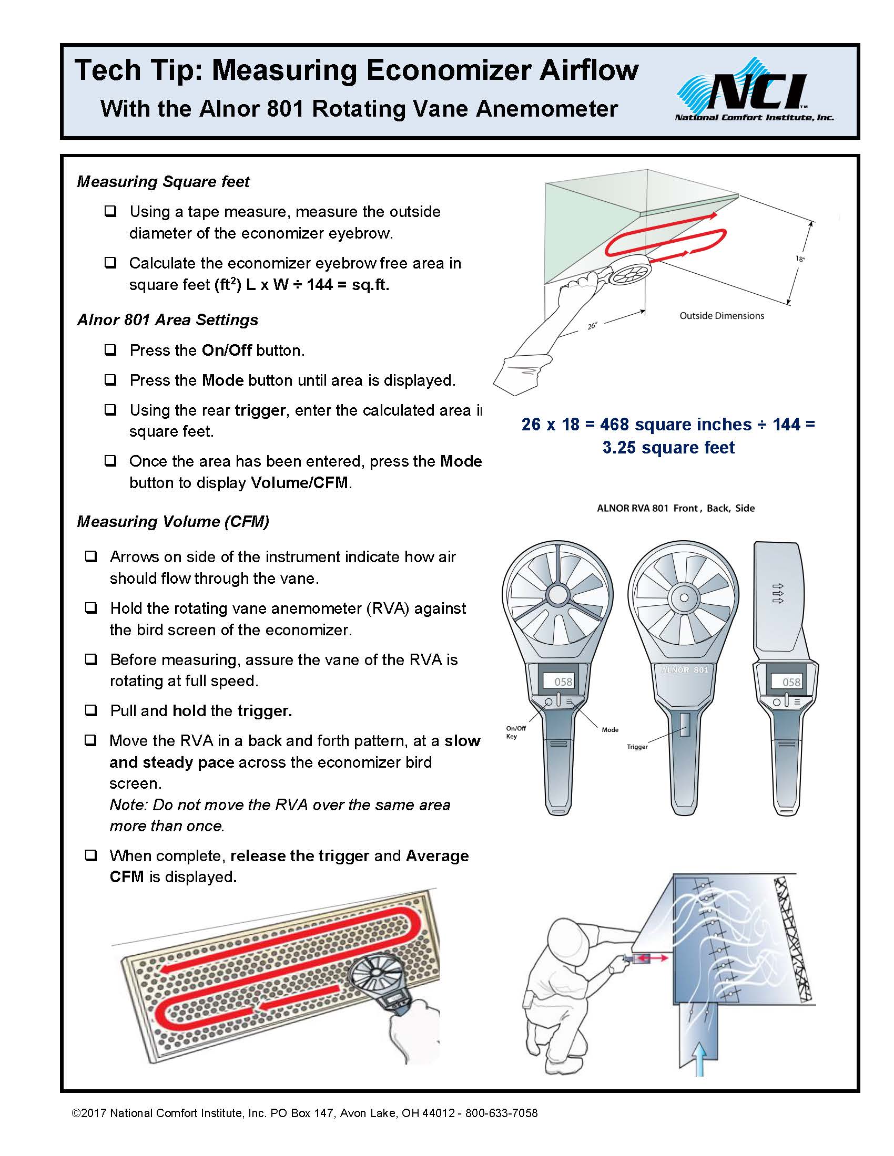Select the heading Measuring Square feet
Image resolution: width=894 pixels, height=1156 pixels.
(x=163, y=182)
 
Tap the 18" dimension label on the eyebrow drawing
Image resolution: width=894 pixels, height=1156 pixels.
(x=800, y=259)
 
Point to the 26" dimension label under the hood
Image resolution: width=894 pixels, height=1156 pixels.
(x=592, y=326)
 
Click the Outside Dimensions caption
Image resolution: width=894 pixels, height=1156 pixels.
(x=722, y=316)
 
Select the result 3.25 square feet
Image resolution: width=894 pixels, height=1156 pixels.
(x=668, y=448)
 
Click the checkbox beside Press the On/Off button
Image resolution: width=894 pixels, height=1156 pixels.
(x=110, y=350)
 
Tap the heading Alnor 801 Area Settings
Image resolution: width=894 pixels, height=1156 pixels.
(x=167, y=319)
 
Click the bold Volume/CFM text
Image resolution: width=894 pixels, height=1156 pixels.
(x=299, y=483)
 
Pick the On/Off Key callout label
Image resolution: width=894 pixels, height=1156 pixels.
(x=516, y=732)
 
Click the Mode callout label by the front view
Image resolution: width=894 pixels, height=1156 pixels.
(x=609, y=730)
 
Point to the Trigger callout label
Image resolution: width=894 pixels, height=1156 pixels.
(x=637, y=747)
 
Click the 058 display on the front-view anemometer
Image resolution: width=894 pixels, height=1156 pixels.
(x=563, y=682)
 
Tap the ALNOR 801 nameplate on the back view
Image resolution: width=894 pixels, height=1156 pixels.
(x=684, y=670)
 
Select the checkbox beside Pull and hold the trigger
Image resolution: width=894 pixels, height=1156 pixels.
(x=91, y=710)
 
